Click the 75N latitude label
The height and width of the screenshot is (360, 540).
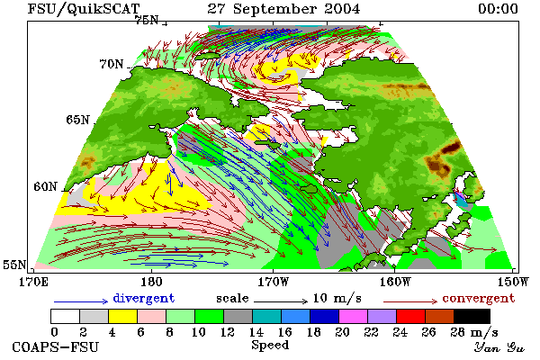click(x=146, y=21)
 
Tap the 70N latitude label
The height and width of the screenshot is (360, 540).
click(x=112, y=64)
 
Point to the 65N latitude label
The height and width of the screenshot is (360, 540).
click(x=77, y=120)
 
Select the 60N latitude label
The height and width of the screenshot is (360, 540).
click(x=45, y=186)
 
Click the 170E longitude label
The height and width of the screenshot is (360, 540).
click(x=33, y=282)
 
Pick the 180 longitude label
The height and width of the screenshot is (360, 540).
click(x=151, y=282)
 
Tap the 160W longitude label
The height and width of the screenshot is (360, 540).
click(x=395, y=282)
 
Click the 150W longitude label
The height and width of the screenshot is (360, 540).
click(x=513, y=282)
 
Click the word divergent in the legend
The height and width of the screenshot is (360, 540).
click(x=144, y=298)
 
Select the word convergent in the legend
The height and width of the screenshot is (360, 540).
click(x=479, y=298)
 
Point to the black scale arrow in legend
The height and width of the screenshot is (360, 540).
click(x=281, y=301)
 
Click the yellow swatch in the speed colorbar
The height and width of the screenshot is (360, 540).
click(x=122, y=316)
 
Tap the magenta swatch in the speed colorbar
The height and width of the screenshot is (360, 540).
click(x=353, y=316)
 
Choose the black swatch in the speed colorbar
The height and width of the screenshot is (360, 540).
click(x=472, y=316)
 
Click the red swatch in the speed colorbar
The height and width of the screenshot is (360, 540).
click(x=410, y=316)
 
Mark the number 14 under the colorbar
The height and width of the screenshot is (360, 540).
click(x=256, y=332)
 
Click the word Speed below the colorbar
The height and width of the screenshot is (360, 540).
click(x=270, y=345)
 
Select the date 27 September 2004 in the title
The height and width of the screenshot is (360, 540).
click(x=283, y=9)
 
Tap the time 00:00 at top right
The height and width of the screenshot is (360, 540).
click(x=498, y=9)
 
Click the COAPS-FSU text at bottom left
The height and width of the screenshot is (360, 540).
click(x=55, y=346)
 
